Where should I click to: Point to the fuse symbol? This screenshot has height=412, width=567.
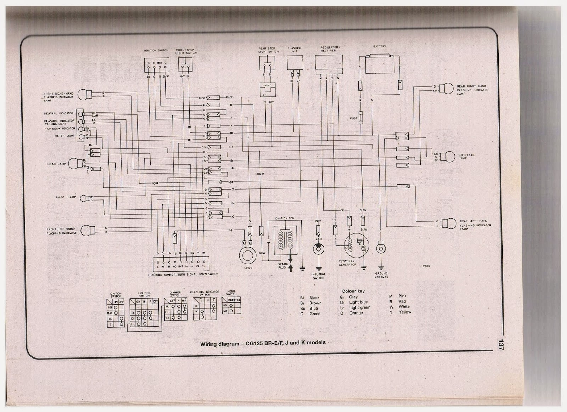point(361,118)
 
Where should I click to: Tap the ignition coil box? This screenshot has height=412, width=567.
point(285,238)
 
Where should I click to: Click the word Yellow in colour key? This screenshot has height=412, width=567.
point(405,312)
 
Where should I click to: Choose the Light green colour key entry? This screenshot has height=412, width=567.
point(360,307)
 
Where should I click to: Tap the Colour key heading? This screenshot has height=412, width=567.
point(353,291)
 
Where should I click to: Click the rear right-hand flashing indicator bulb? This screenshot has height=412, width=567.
point(448,88)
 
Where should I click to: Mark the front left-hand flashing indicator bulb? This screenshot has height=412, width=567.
point(86,231)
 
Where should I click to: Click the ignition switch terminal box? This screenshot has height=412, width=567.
point(157,65)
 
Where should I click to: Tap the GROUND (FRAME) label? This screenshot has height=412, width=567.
point(381,275)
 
